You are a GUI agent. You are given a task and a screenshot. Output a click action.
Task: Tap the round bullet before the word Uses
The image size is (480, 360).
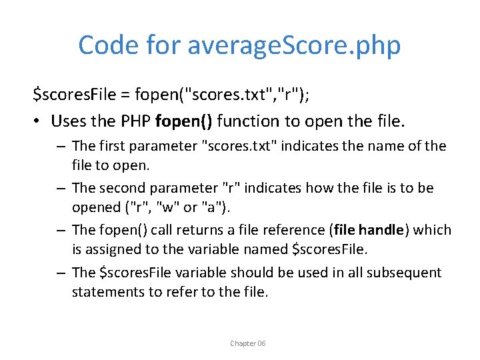pyautogui.click(x=38, y=121)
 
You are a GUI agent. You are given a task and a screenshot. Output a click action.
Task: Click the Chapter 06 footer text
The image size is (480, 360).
pyautogui.click(x=247, y=343)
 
